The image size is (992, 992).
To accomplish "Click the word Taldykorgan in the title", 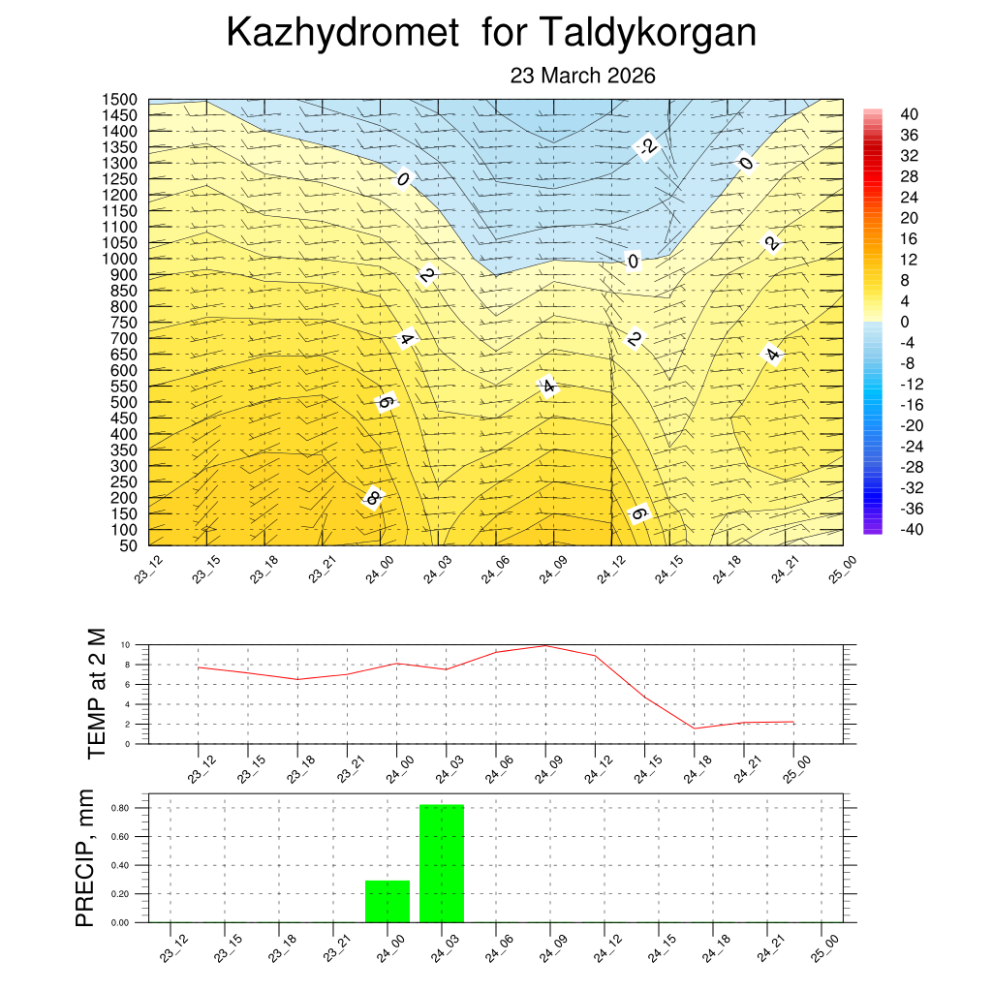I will (645, 34).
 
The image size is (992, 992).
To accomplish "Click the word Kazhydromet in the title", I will (342, 34).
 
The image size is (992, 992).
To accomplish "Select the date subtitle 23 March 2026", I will (583, 76).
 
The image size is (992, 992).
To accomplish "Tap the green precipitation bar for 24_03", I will (442, 862).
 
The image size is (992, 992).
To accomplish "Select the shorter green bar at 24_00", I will (387, 901).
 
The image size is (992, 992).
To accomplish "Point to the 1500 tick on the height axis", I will (121, 100).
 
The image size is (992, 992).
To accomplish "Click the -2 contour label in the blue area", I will (647, 147).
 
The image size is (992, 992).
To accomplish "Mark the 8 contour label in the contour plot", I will (372, 499).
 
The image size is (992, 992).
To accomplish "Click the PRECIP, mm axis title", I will (86, 857).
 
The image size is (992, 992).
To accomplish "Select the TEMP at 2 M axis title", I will (96, 693).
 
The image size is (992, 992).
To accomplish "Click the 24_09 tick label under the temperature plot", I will (542, 765).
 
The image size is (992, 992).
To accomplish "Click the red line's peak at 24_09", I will (545, 645).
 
